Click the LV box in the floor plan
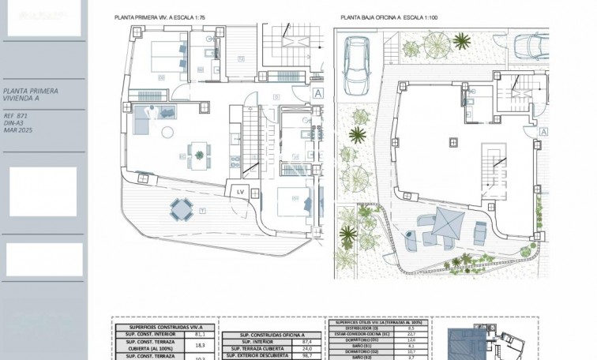click(x=239, y=191)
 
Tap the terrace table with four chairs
click(x=180, y=208)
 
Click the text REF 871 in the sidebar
click(x=15, y=116)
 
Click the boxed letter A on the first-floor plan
click(x=317, y=92)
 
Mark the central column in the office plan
click(x=454, y=141)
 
